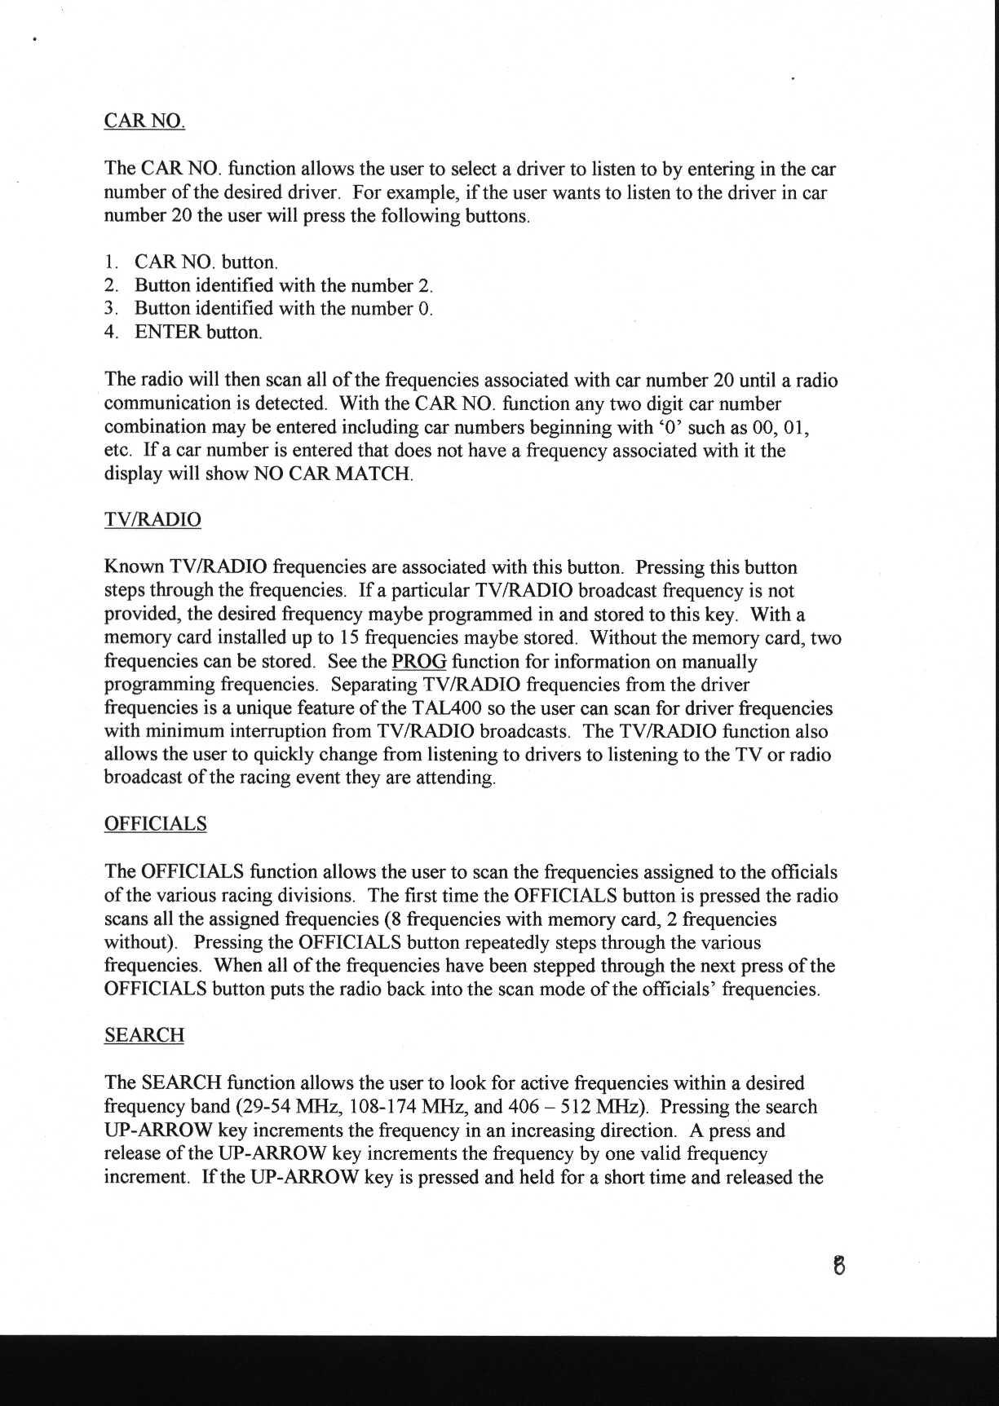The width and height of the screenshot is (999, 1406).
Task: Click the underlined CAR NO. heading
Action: click(x=144, y=121)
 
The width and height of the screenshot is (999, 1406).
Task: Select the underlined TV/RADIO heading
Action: click(x=153, y=520)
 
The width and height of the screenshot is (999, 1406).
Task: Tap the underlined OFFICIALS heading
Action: click(x=155, y=824)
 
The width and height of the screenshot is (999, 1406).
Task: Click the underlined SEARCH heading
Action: click(x=144, y=1035)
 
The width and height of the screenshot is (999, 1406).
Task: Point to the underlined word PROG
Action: click(x=418, y=661)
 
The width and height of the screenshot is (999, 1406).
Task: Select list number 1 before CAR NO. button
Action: click(x=110, y=262)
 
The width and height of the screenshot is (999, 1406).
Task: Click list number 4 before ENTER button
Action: click(x=110, y=333)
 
